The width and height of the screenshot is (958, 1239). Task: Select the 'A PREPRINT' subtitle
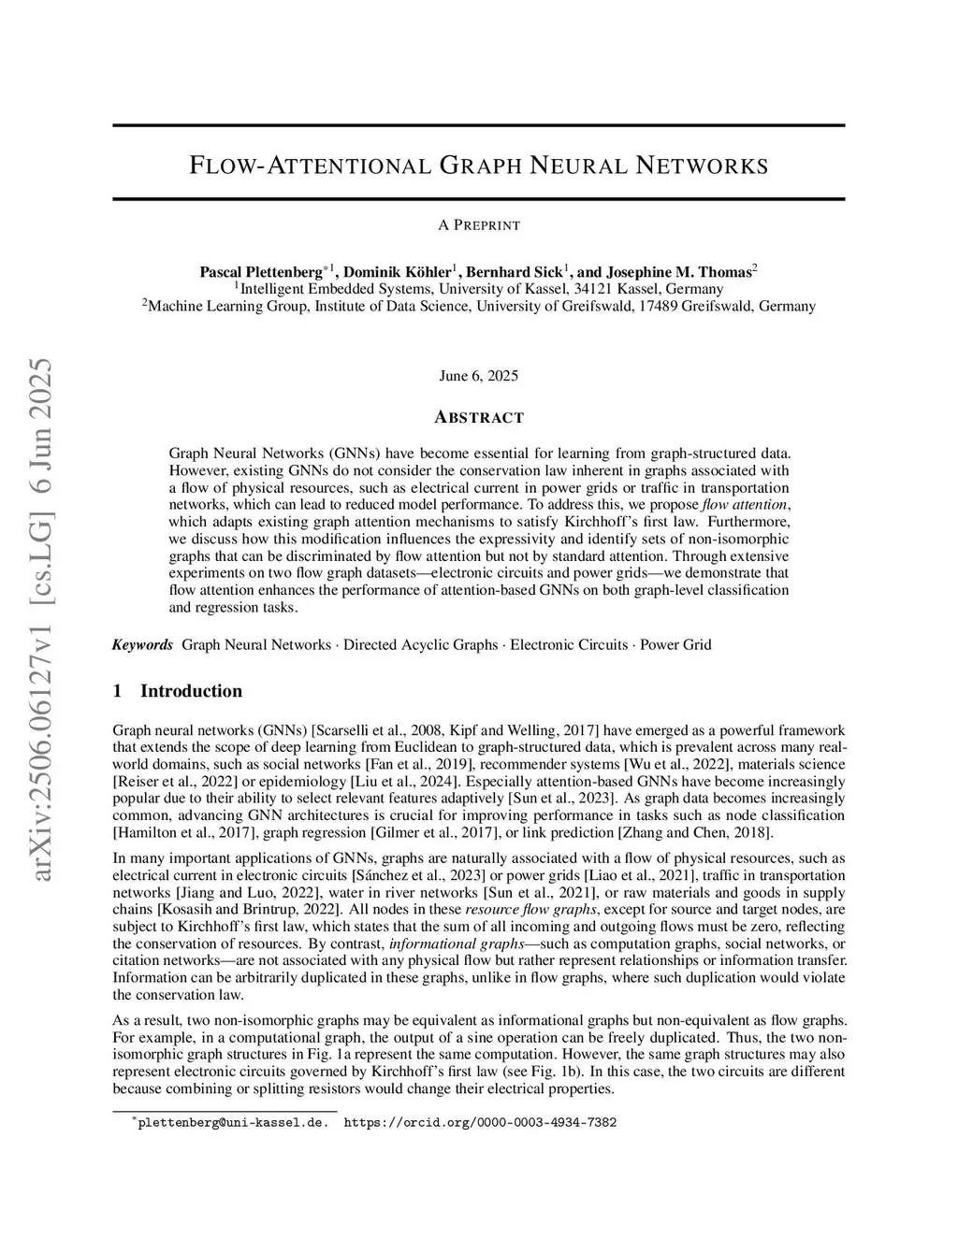[x=478, y=225]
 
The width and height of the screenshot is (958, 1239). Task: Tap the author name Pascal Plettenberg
[x=261, y=272]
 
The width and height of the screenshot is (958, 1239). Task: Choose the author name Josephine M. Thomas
[x=679, y=272]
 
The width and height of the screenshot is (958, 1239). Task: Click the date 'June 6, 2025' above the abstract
[x=478, y=376]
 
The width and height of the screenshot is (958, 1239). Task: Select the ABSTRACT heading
[x=478, y=418]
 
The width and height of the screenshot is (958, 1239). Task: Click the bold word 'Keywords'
[x=142, y=645]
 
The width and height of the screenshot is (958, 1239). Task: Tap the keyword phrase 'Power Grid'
[x=675, y=645]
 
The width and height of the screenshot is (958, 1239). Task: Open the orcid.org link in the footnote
[x=480, y=1123]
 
